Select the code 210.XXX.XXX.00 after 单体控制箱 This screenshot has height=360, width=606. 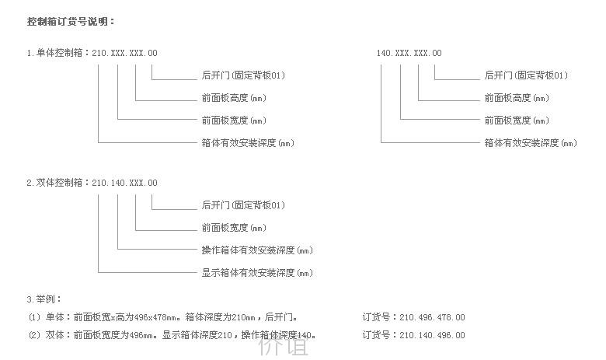pos(124,53)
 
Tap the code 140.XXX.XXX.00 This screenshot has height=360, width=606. pos(409,53)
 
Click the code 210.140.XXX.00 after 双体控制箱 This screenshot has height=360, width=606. pos(124,183)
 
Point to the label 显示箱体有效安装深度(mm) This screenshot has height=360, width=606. pos(257,273)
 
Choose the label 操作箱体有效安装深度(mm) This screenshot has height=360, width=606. pos(257,250)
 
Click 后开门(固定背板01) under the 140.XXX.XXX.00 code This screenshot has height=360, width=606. pos(526,75)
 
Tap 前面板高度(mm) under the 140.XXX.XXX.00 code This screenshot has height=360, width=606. pos(517,98)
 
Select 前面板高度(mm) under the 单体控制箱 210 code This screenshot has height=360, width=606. pos(234,98)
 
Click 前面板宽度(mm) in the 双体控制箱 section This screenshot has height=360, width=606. pos(234,228)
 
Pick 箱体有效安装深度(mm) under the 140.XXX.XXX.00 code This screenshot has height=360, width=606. pos(531,143)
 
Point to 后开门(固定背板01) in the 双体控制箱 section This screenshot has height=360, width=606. pos(243,205)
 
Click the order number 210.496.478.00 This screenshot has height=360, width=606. pos(432,318)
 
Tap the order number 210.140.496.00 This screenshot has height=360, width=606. pos(432,335)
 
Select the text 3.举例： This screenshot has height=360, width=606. pos(44,299)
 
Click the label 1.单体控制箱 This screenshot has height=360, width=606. pos(55,53)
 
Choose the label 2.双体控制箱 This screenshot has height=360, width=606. pos(55,183)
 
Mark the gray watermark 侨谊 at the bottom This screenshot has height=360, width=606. pos(284,346)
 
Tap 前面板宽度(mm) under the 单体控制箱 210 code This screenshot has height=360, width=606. pos(234,121)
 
